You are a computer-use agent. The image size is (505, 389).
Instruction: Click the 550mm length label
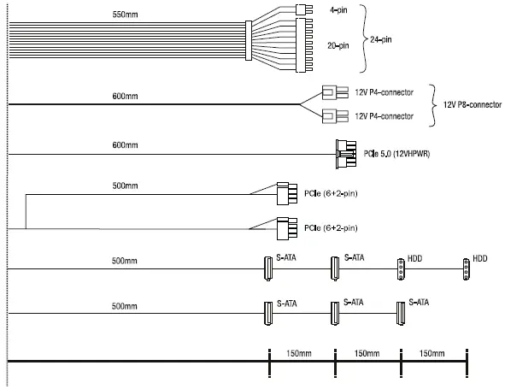point(125,15)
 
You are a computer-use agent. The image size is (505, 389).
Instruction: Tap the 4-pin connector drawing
point(304,9)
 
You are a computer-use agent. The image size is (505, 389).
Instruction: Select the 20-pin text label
point(338,46)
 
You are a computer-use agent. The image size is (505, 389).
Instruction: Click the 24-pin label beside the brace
point(381,39)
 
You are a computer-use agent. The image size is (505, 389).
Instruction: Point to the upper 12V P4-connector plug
point(335,92)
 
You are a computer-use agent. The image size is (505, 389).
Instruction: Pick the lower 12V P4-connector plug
point(335,116)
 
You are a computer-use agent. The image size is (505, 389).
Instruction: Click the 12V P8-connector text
point(473,105)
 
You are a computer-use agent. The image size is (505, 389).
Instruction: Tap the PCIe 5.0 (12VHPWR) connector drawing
point(346,155)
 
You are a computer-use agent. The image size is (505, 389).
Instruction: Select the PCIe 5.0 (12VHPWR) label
point(396,154)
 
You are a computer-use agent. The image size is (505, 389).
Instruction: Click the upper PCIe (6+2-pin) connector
point(286,193)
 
